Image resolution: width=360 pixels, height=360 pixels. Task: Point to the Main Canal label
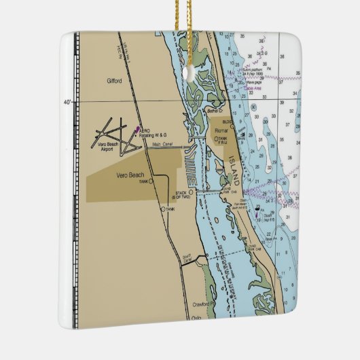pyautogui.click(x=162, y=144)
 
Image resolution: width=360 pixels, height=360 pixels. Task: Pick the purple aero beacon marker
pyautogui.click(x=138, y=128)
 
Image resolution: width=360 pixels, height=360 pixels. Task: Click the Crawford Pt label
pyautogui.click(x=202, y=304)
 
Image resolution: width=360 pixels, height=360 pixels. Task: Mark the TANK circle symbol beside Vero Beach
pyautogui.click(x=151, y=181)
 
